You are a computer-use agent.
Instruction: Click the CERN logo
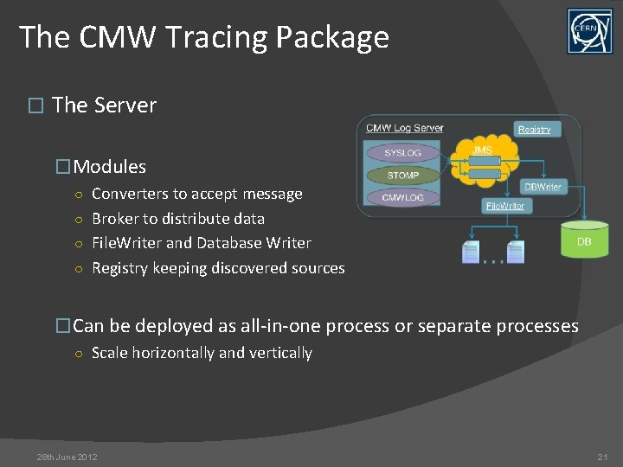(x=589, y=31)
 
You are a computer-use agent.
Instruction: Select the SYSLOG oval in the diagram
(x=403, y=153)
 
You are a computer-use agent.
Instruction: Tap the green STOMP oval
(x=403, y=176)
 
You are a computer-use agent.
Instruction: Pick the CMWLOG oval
(x=403, y=198)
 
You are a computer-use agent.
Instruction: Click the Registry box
(x=534, y=129)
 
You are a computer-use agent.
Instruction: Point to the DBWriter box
(x=543, y=187)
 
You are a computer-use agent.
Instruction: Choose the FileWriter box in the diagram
(x=504, y=206)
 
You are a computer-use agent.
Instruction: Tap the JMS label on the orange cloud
(x=482, y=150)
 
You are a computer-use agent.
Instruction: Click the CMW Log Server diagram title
(x=404, y=128)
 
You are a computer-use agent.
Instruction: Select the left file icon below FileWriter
(x=471, y=252)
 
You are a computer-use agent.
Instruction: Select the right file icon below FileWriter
(x=516, y=252)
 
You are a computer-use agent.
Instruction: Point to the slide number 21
(x=602, y=457)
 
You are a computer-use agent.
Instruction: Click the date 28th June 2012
(x=67, y=457)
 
